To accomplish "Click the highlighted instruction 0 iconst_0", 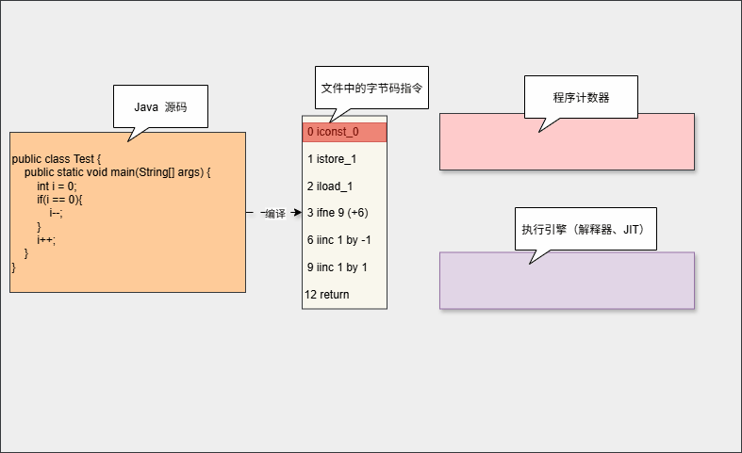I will (344, 132).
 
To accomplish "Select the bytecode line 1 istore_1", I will (332, 159).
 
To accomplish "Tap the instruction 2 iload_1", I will (330, 186).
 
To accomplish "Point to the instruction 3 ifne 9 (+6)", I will (338, 213).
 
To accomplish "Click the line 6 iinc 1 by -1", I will (338, 240).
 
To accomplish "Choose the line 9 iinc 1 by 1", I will (337, 267).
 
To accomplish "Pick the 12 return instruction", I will (327, 295).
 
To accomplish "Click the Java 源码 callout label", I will (160, 107).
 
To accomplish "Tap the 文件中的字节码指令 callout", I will (371, 88).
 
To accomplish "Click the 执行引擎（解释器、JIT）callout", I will (585, 229).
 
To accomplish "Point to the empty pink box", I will (567, 142).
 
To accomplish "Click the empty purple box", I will (567, 281).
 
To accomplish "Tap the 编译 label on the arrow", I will (274, 214).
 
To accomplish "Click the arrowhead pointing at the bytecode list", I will (297, 213).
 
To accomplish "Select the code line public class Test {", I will (56, 159).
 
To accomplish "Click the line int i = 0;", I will (58, 186).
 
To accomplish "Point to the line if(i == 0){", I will (61, 200).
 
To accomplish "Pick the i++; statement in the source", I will (46, 240).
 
